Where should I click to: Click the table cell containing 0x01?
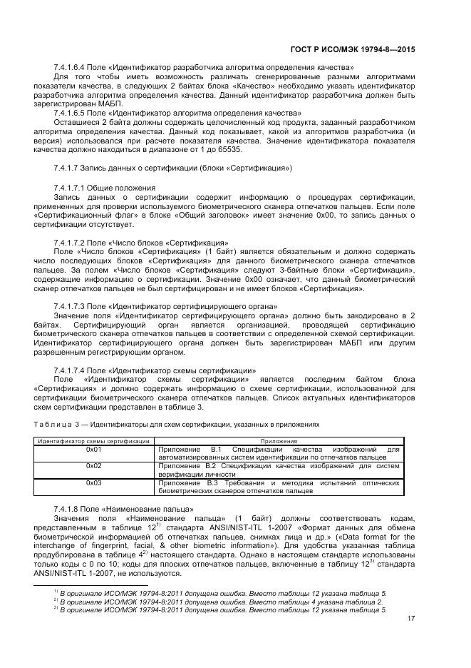point(94,450)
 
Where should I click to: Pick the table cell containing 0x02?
point(94,466)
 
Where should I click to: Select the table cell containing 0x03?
point(94,483)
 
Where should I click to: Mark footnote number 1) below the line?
point(56,592)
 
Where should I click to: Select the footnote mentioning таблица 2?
point(221,602)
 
